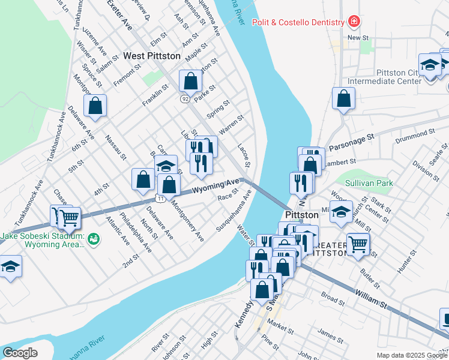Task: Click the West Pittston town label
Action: (151, 56)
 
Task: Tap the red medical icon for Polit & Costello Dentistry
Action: (354, 22)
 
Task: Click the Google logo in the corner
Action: (20, 353)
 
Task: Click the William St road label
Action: (370, 298)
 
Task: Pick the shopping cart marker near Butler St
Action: (358, 244)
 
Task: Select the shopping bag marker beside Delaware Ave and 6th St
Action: (95, 106)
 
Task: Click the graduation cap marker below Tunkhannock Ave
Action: (10, 266)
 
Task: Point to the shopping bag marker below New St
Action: (343, 98)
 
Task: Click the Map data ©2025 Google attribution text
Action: (411, 355)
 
